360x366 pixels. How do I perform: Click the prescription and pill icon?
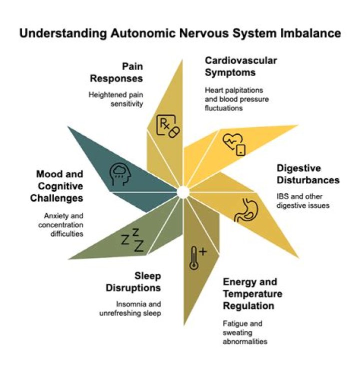click(168, 126)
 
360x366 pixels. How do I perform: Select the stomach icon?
click(246, 210)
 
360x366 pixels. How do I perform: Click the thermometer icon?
click(197, 258)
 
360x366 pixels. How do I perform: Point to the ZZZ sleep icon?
click(132, 240)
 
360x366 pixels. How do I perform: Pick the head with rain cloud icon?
click(120, 174)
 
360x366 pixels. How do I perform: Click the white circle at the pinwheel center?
click(183, 192)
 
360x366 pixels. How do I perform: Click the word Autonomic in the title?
click(143, 33)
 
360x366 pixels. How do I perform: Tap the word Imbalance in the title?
click(310, 33)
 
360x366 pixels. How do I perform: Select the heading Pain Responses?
click(116, 73)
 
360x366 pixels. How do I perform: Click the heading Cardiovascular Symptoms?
click(241, 67)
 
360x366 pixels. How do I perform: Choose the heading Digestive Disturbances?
click(308, 174)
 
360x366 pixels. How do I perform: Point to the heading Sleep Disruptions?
click(133, 282)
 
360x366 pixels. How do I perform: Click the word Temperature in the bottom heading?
click(252, 293)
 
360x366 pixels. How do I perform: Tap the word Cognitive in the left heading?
click(60, 186)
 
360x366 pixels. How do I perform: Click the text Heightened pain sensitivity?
click(115, 99)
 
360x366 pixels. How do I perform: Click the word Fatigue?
click(232, 324)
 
